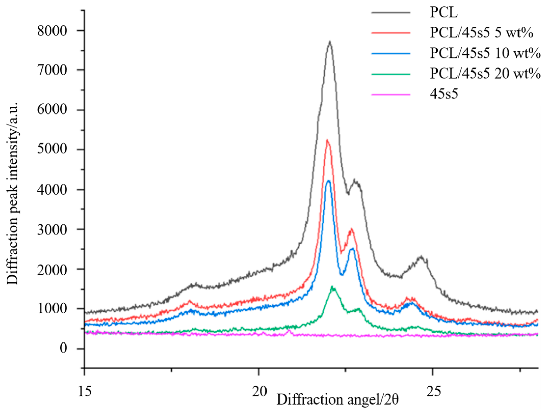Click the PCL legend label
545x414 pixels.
tap(444, 12)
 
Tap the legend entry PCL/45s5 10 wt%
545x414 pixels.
tap(485, 53)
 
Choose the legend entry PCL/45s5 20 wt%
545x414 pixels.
tap(485, 74)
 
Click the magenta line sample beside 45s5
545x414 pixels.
tap(391, 95)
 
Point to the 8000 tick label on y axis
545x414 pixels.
tap(52, 31)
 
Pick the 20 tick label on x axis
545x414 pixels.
tap(259, 391)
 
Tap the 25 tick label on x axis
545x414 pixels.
tap(433, 391)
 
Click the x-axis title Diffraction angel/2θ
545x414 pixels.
tap(337, 400)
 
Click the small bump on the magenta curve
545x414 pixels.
tap(289, 331)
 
